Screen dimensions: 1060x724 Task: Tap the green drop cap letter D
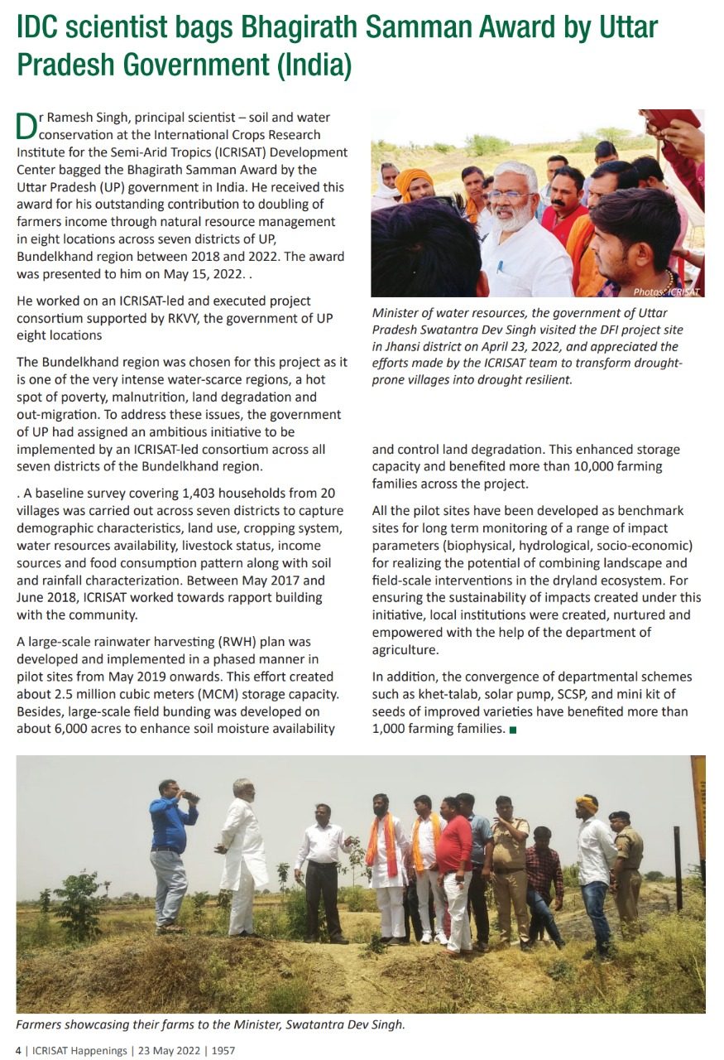click(26, 126)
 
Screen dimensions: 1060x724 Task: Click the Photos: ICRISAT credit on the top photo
click(666, 291)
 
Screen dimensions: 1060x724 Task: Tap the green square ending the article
click(514, 730)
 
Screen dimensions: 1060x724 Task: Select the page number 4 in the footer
click(20, 1050)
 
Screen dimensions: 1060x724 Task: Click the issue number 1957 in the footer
click(223, 1050)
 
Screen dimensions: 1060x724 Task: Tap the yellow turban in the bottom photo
click(587, 802)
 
